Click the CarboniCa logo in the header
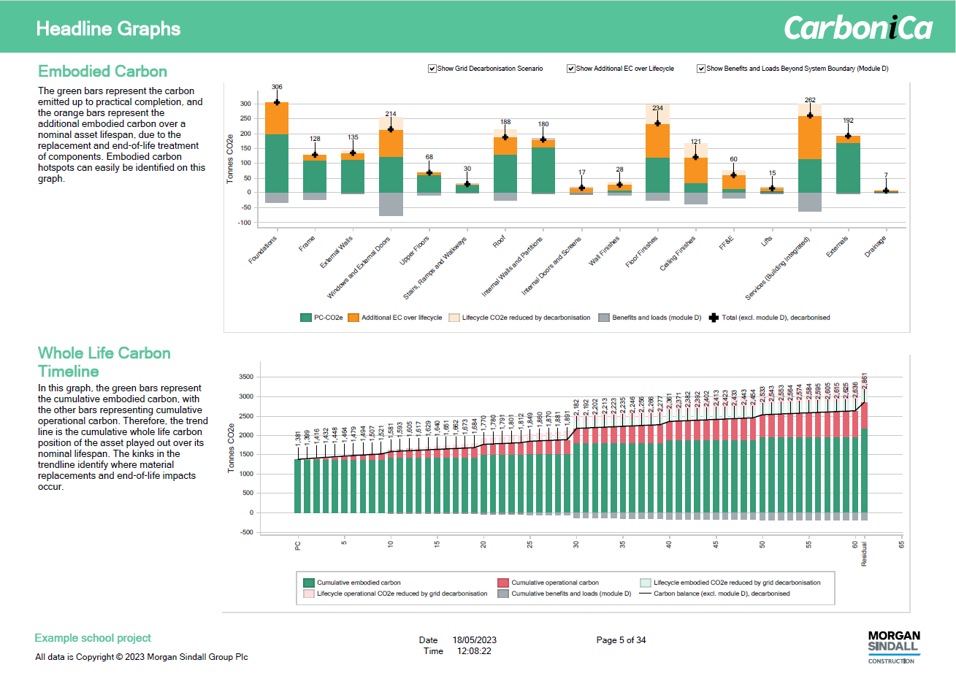[858, 28]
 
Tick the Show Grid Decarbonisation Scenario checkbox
[432, 69]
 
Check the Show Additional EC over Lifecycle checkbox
[571, 69]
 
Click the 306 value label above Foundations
[277, 87]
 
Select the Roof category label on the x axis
[499, 242]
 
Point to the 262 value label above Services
[810, 100]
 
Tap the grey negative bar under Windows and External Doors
[391, 204]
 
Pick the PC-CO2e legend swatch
[306, 318]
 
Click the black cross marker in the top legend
[714, 318]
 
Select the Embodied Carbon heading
[102, 72]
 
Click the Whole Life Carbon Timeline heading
[104, 362]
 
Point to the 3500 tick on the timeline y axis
[246, 377]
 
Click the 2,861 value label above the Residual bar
[865, 381]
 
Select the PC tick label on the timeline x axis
[298, 545]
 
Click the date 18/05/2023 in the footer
[474, 640]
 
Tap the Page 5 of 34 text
[621, 640]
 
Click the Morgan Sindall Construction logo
[894, 646]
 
